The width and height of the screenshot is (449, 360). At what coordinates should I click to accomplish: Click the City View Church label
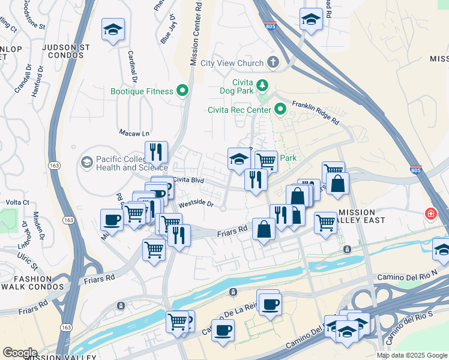click(232, 63)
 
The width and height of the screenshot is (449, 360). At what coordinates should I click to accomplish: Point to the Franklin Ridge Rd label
click(316, 112)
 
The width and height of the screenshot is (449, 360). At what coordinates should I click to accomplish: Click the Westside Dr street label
click(196, 203)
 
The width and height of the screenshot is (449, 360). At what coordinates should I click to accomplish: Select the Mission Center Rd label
click(194, 36)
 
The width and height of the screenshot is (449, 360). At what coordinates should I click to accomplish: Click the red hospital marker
click(430, 214)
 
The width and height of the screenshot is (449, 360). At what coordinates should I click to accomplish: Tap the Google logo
click(20, 353)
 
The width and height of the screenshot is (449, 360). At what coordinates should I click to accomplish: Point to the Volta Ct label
click(18, 203)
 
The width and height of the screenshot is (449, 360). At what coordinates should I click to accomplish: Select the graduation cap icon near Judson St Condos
click(112, 29)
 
